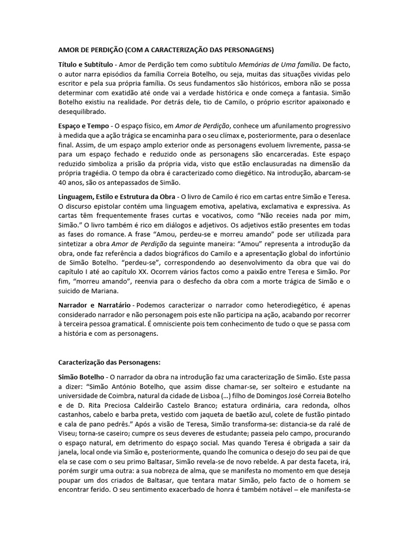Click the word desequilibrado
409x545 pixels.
[83, 112]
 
